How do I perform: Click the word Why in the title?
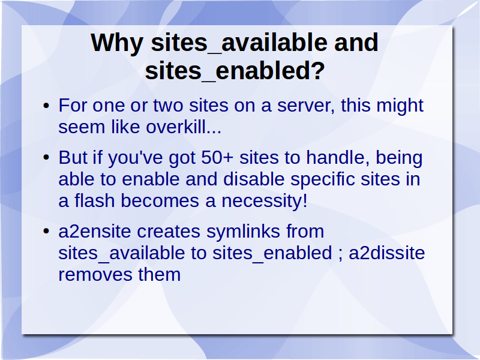click(x=117, y=43)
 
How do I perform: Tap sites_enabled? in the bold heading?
click(x=235, y=71)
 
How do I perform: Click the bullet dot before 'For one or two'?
click(x=46, y=106)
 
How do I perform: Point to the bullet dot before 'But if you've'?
click(x=46, y=158)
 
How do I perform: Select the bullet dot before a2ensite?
click(x=46, y=232)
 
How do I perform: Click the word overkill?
click(x=183, y=127)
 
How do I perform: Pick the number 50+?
click(x=217, y=158)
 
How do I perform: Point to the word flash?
click(x=94, y=201)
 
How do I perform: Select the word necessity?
click(x=264, y=202)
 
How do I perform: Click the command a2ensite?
click(x=95, y=232)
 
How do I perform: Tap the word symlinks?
click(x=244, y=232)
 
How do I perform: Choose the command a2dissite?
click(x=387, y=253)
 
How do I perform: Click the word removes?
click(x=95, y=275)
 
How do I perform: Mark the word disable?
click(x=254, y=179)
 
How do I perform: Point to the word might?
click(x=400, y=106)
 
